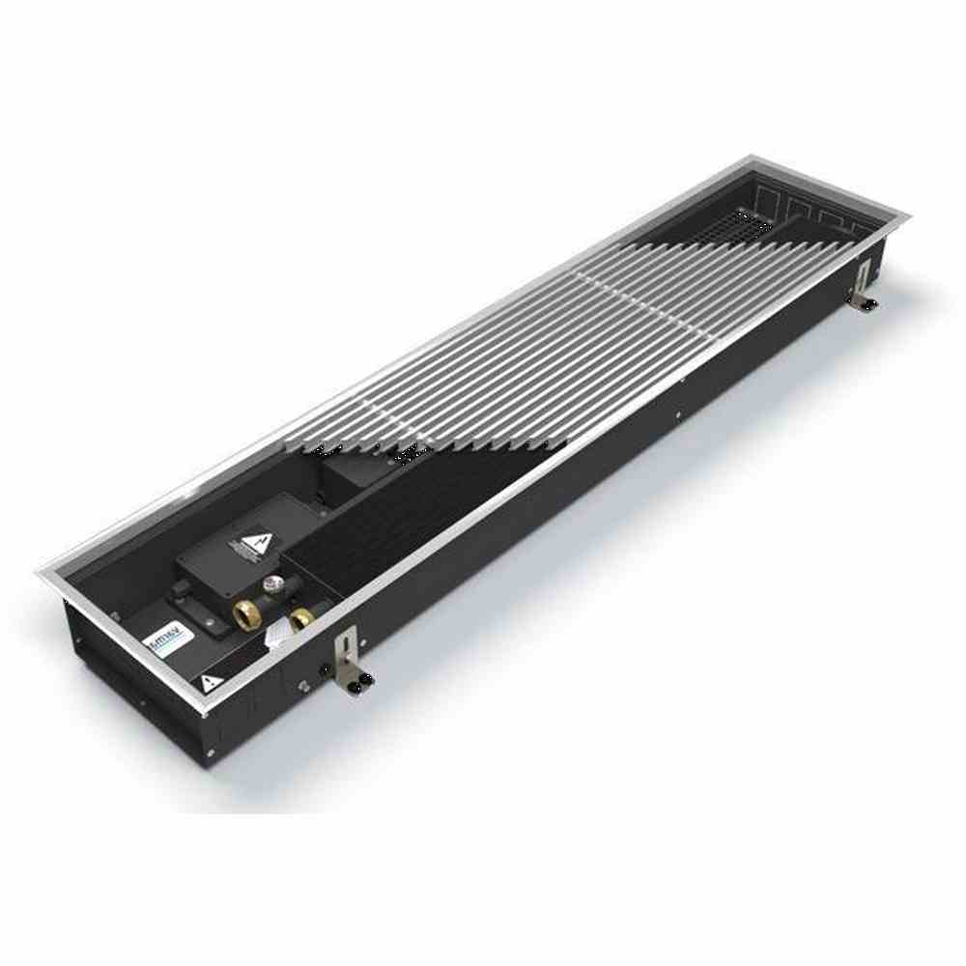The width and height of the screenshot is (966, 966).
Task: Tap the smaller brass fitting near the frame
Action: [x=301, y=618]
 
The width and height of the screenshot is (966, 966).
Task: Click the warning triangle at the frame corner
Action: [x=207, y=683]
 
